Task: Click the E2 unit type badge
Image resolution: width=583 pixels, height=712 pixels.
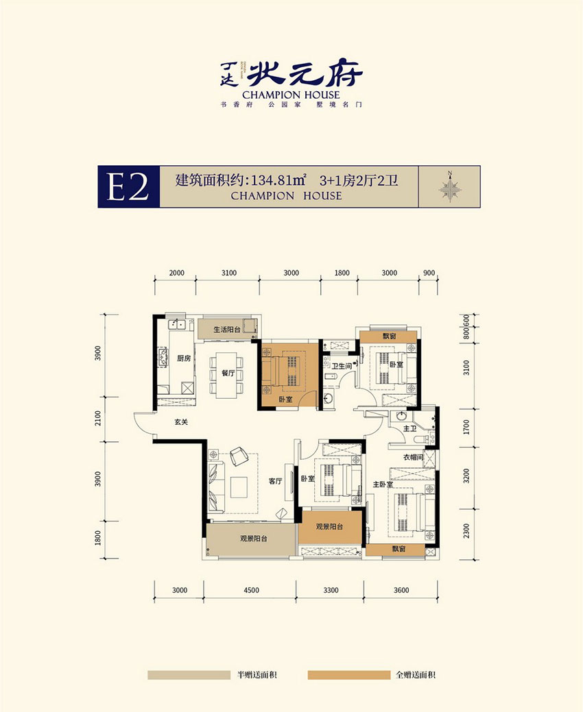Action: coord(128,186)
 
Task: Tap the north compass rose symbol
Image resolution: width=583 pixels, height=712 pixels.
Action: coord(451,186)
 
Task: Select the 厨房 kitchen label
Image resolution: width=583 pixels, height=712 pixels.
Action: coord(183,358)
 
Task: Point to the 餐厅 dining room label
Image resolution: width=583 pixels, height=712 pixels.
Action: coord(228,373)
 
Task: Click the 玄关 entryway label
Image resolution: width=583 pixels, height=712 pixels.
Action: coord(181,422)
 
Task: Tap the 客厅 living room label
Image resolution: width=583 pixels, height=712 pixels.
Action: coord(276,481)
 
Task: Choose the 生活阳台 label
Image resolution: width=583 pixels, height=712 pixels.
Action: coord(226,330)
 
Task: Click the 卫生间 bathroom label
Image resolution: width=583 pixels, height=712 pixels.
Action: coord(342,367)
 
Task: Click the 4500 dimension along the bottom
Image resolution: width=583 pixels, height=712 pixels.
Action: coord(250,590)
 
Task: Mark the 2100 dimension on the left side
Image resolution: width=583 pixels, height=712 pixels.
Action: coord(99,418)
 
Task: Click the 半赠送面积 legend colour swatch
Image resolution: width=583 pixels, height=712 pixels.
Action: coord(189,675)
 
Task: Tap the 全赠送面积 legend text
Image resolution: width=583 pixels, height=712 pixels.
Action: coord(416,675)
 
